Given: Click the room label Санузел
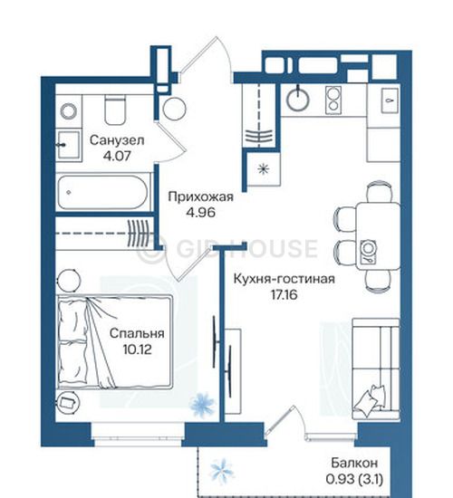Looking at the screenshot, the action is point(117,140).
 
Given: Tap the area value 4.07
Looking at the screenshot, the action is point(117,156).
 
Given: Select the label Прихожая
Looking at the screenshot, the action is point(200,196).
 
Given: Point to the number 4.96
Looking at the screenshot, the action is point(200,212).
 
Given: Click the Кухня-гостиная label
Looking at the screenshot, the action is point(284,279).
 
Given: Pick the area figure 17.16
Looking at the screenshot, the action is point(284,295).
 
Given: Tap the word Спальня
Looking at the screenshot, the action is point(137,334).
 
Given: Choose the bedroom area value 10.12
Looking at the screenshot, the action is point(137,350).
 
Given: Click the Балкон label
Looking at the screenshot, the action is point(354,463).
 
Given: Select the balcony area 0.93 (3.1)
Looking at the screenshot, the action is point(354,479).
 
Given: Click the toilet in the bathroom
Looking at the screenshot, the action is point(115,110).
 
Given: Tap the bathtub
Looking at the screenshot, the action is point(103,192).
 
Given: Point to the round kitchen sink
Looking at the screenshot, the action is point(297,99).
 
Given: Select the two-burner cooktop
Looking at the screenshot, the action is point(333,100).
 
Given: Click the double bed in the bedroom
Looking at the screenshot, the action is point(115,341).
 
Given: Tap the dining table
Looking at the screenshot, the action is point(378,236).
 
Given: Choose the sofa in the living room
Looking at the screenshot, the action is point(376,369).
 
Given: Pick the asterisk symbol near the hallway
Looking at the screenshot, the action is point(264,168).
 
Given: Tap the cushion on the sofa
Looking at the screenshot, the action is point(371,401).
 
